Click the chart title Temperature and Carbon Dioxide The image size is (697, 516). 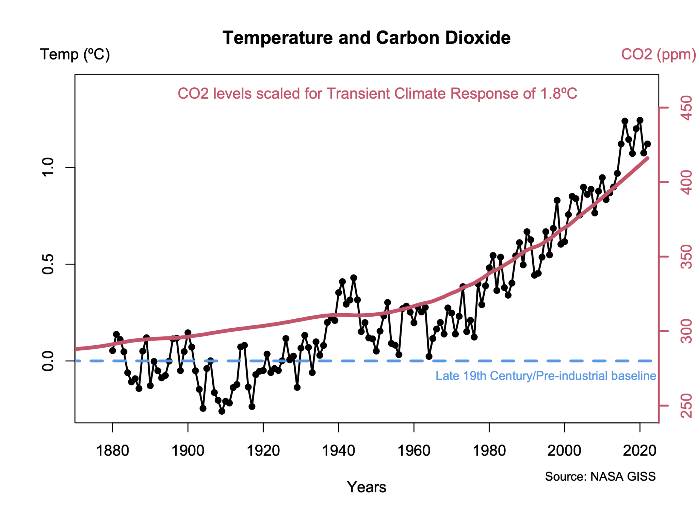coord(366,38)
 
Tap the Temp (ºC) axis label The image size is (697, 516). coord(75,54)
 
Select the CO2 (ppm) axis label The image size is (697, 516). coord(658,54)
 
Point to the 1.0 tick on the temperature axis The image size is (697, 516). coord(48,167)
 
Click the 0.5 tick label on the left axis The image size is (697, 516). coord(48,264)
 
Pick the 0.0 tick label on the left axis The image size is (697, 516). coord(48,361)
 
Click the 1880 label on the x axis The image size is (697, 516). coord(113,451)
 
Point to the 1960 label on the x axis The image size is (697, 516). coord(414,451)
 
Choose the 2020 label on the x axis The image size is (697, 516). coord(639,451)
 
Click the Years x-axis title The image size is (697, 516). coord(366,487)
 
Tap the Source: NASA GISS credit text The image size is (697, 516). coord(600,476)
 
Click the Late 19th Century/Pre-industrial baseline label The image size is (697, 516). coord(546,376)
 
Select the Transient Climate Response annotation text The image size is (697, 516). coord(377,94)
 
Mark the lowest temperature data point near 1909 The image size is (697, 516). coord(222,411)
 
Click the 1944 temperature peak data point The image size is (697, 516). coord(354,278)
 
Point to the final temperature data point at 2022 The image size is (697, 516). coord(647,144)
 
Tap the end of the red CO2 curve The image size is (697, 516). coord(647,158)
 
